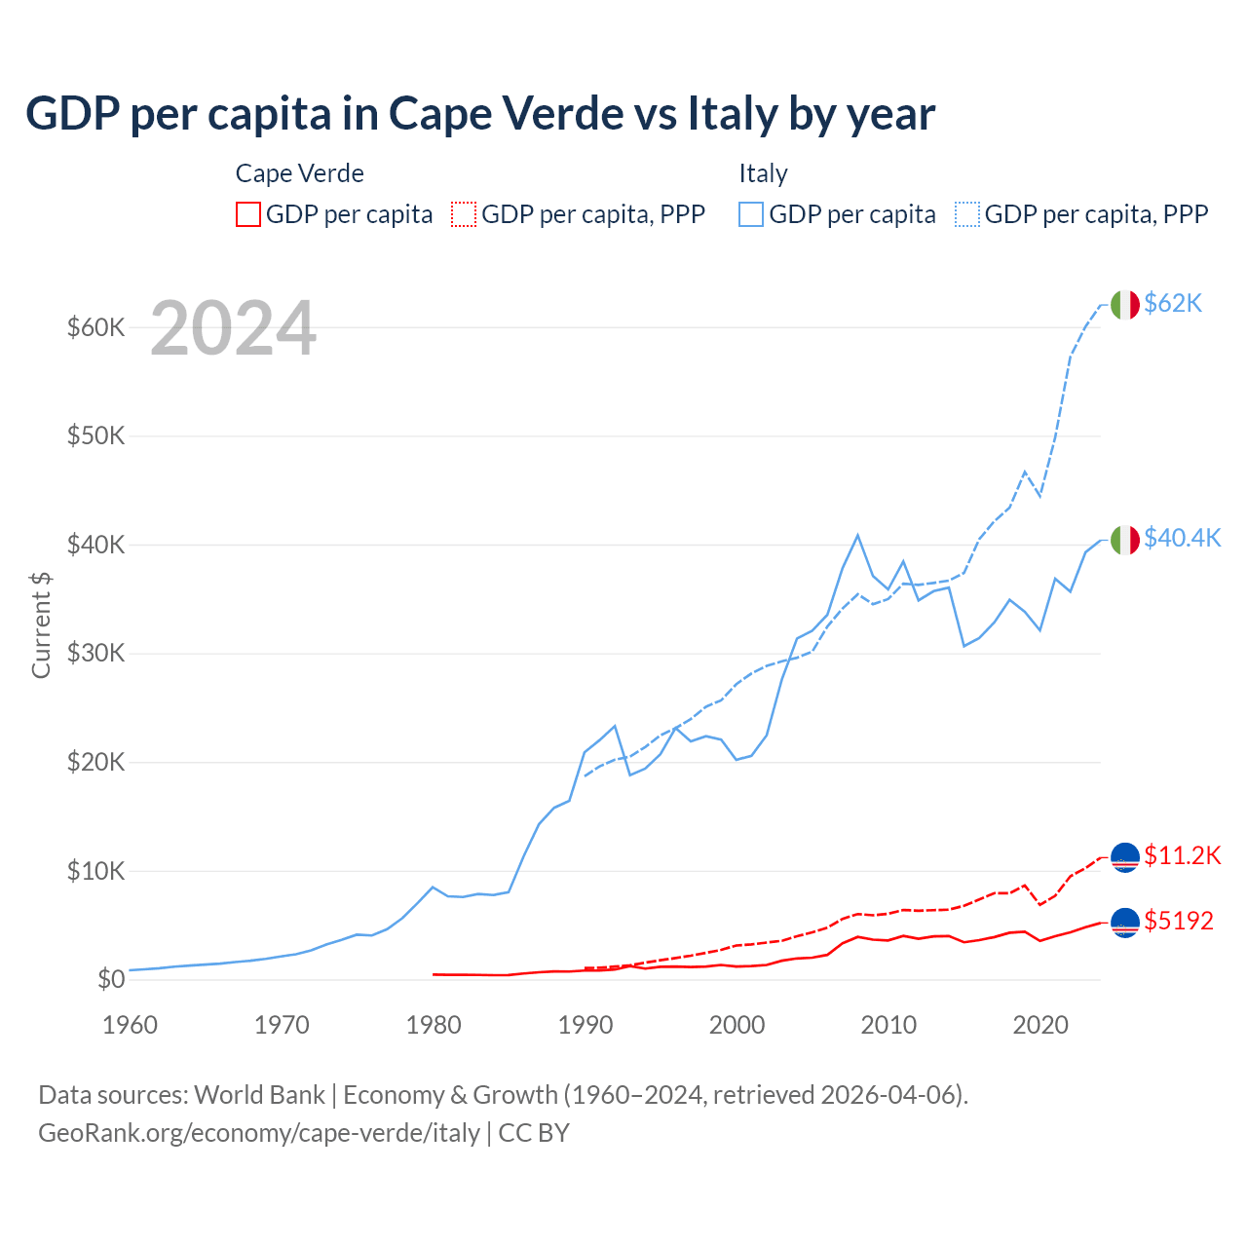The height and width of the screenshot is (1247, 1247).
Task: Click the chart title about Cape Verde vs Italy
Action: (480, 114)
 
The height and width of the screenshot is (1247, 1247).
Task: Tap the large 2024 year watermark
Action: (233, 329)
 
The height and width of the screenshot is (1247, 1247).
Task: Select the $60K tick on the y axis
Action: (95, 327)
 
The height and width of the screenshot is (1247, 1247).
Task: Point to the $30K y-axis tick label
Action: (95, 653)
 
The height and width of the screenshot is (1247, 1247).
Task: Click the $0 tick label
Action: (111, 979)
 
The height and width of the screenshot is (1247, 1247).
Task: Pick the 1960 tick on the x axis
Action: (130, 1025)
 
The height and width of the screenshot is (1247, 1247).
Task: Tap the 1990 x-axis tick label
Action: (586, 1025)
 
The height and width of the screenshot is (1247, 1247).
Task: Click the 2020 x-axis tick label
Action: (1040, 1025)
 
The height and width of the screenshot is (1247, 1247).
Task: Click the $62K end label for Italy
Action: (1173, 304)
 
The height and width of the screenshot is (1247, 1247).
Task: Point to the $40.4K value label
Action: (1182, 538)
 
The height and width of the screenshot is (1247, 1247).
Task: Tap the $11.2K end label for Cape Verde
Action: (1182, 855)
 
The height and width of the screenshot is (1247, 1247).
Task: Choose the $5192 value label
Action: (1179, 921)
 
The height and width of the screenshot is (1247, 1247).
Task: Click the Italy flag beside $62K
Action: (1125, 305)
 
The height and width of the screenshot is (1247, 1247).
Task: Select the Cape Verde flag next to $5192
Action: (1125, 922)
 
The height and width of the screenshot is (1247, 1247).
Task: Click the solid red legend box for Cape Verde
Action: (248, 214)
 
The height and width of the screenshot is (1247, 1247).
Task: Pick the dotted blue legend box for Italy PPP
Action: (967, 214)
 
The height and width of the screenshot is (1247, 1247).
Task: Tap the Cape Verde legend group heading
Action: (300, 173)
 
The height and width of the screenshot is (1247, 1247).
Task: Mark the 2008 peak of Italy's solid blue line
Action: (857, 535)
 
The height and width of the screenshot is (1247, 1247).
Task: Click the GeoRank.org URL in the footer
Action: (259, 1133)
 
